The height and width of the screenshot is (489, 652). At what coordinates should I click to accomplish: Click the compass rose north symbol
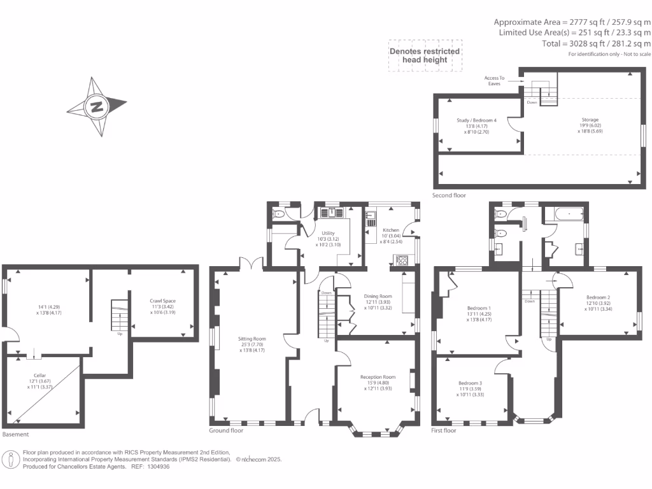click(x=97, y=106)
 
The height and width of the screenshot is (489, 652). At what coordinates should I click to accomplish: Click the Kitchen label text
click(x=390, y=230)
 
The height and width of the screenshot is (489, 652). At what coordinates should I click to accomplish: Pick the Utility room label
click(x=329, y=233)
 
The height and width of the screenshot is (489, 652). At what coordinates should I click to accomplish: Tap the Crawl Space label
click(x=163, y=301)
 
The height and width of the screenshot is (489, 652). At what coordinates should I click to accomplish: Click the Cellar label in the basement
click(x=40, y=376)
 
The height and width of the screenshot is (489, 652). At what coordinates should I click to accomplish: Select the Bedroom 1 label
click(x=480, y=308)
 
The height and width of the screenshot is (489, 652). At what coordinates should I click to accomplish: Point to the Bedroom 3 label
click(x=471, y=383)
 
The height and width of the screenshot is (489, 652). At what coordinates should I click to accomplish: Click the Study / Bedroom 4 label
click(x=476, y=120)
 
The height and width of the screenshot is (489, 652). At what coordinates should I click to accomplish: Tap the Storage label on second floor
click(x=590, y=119)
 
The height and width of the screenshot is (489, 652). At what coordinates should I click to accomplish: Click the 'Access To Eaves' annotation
click(x=494, y=81)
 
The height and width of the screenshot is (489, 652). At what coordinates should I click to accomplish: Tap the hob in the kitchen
click(x=402, y=259)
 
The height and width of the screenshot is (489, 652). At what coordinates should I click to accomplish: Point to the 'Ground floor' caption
click(x=226, y=430)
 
